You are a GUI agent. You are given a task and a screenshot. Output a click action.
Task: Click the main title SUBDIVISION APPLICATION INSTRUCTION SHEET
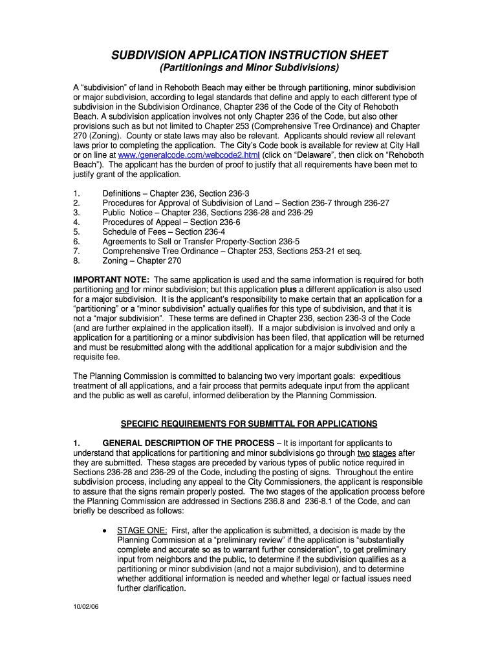[x=249, y=55]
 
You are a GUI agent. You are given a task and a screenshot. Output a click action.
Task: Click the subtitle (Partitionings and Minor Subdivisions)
[x=249, y=69]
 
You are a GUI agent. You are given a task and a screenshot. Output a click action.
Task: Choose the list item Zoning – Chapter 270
[x=142, y=261]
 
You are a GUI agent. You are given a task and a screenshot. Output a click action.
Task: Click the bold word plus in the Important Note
[x=288, y=289]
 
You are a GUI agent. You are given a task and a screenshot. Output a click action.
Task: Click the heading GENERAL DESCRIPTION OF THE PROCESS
[x=188, y=443]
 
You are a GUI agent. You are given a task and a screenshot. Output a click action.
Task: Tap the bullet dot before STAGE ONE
[x=105, y=530]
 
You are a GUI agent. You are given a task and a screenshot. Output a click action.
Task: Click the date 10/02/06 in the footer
[x=86, y=608]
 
